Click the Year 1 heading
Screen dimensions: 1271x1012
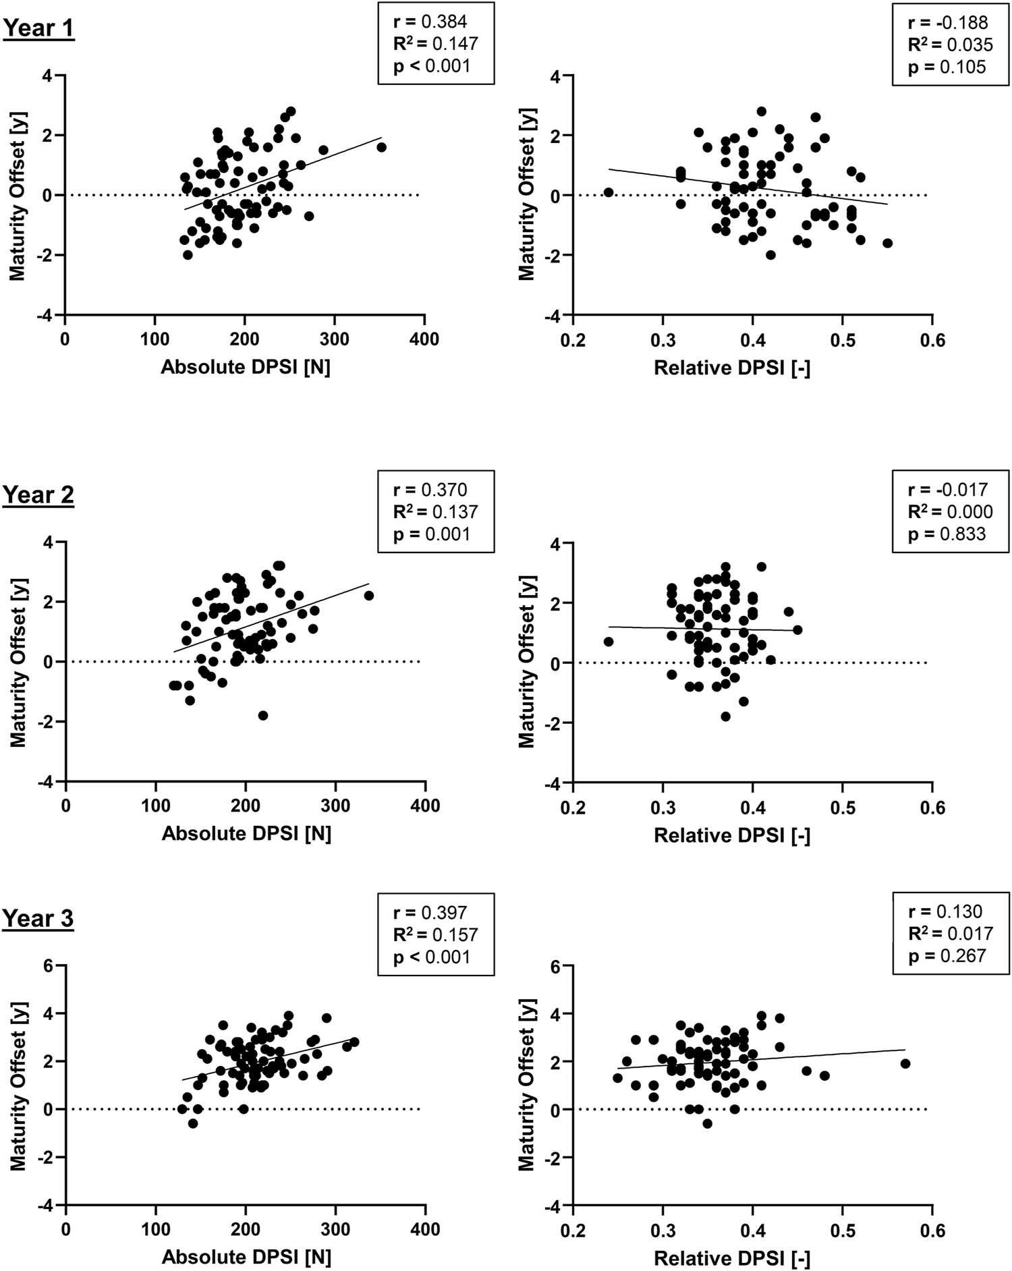click(38, 28)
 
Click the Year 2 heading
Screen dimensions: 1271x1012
click(38, 495)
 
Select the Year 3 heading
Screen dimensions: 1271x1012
click(38, 918)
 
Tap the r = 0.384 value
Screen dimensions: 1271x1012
click(430, 22)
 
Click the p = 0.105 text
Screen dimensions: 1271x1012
click(947, 67)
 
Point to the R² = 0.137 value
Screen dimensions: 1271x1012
click(435, 511)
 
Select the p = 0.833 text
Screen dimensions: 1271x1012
click(947, 534)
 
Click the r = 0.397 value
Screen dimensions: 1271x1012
click(430, 913)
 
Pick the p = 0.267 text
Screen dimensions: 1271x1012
click(947, 956)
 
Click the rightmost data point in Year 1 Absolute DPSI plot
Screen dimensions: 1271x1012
click(381, 147)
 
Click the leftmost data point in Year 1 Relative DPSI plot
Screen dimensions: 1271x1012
click(609, 192)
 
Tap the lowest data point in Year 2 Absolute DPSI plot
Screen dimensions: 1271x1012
click(263, 715)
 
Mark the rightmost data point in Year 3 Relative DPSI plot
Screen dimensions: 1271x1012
click(905, 1063)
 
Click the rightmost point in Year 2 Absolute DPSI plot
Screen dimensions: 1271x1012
click(368, 596)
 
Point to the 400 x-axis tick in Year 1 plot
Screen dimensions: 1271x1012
click(424, 339)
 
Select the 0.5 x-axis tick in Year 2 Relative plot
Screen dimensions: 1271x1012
click(842, 807)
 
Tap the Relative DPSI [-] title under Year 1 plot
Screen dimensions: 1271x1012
click(731, 368)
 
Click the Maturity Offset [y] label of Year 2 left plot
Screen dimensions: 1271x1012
click(18, 661)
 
